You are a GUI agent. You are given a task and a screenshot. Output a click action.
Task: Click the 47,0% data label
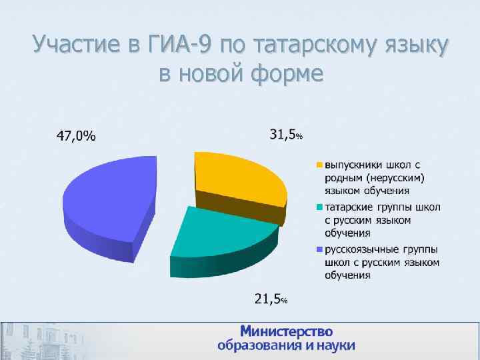tap(75, 137)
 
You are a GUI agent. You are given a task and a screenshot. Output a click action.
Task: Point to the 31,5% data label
tap(285, 135)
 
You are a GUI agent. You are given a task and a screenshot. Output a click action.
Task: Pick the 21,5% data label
tap(271, 299)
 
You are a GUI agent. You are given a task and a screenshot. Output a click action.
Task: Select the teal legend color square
tap(319, 207)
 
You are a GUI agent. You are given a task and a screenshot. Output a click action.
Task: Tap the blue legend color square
tap(319, 250)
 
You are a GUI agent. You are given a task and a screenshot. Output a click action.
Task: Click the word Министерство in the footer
tap(286, 331)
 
